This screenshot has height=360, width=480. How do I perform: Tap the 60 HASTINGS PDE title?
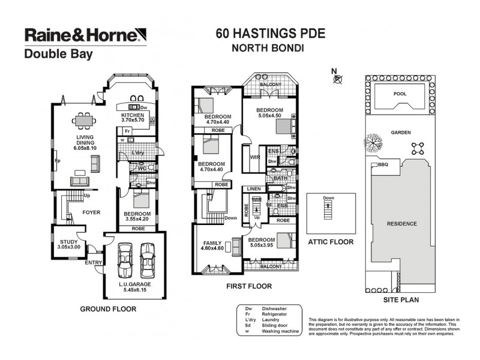click(x=270, y=33)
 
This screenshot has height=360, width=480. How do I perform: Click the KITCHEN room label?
click(x=133, y=115)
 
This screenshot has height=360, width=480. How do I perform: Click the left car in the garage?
click(x=126, y=259)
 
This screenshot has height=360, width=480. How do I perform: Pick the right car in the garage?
click(x=148, y=259)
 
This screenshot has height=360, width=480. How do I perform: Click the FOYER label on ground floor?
click(x=91, y=212)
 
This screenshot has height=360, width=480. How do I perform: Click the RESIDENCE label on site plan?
click(x=401, y=224)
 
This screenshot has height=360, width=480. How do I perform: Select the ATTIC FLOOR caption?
click(x=330, y=242)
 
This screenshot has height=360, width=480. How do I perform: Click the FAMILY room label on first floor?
click(x=211, y=242)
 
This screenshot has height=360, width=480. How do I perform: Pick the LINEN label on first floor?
click(x=251, y=189)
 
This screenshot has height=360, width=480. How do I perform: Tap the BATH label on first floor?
click(x=280, y=178)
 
